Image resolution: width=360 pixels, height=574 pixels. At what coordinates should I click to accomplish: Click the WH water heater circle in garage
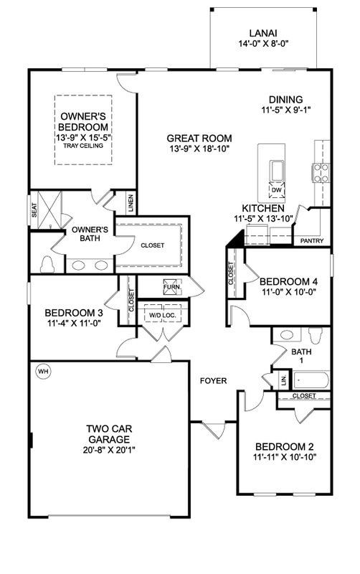43,372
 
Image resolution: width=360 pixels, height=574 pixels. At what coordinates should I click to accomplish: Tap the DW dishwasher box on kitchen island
277,190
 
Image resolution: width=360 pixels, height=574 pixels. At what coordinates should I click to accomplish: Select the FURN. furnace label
172,286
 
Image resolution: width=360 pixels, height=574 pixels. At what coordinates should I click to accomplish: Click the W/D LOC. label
163,315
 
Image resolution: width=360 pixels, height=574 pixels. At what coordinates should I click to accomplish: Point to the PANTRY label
312,240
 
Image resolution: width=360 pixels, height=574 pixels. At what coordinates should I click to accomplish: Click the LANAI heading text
263,34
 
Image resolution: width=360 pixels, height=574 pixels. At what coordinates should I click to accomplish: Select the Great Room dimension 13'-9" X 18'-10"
199,149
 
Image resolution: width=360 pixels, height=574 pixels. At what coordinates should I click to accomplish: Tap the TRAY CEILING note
83,146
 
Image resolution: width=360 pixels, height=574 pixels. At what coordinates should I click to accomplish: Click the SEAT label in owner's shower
34,210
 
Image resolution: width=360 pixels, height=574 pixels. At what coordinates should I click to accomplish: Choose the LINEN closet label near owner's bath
131,204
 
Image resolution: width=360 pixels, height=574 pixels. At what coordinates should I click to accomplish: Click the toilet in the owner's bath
47,264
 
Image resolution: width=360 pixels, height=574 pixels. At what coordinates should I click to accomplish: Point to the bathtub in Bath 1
311,380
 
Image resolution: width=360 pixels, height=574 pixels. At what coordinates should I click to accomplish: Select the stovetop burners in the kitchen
321,173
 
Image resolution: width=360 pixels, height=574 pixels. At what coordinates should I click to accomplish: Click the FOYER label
213,381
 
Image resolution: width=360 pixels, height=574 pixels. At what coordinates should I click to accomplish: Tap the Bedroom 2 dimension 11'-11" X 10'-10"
284,457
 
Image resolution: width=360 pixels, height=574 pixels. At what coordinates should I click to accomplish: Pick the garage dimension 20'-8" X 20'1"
109,450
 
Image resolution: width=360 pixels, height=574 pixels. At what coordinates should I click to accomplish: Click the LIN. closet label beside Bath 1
284,380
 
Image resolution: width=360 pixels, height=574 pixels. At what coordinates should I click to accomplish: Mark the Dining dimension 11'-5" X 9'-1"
285,109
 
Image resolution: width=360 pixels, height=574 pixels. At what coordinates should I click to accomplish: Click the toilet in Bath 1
315,334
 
